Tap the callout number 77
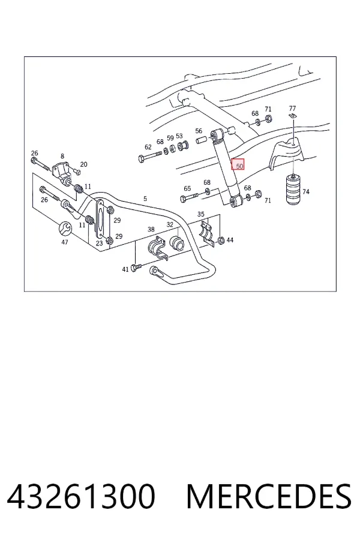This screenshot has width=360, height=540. (x=292, y=108)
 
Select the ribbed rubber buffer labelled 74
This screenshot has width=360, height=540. (x=293, y=190)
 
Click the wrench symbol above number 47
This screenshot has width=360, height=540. (x=65, y=228)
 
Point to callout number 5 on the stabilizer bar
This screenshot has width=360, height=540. (x=145, y=199)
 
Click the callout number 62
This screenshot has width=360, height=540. (x=148, y=147)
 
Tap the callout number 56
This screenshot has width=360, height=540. (x=199, y=131)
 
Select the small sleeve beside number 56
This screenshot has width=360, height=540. (x=202, y=140)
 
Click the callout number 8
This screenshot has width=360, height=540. (x=62, y=156)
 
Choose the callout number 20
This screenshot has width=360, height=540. (x=84, y=164)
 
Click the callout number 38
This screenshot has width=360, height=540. (x=151, y=229)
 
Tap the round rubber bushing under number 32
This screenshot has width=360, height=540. (x=177, y=243)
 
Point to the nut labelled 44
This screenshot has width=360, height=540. (x=221, y=239)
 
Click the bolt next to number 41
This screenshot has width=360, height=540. (x=136, y=268)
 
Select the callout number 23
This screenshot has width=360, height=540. (x=99, y=243)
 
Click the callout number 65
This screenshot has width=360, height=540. (x=187, y=188)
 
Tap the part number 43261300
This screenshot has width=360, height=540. (x=81, y=496)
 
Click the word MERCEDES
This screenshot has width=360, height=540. (x=269, y=496)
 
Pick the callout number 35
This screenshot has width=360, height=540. (x=201, y=214)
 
